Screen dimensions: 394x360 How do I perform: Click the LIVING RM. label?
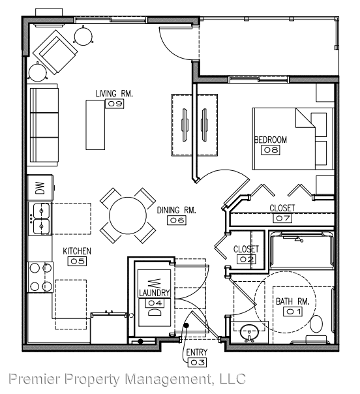[114, 94]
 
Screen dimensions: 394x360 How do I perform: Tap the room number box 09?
[115, 104]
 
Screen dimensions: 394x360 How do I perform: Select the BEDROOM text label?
[271, 140]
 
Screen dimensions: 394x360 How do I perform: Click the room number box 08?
[271, 150]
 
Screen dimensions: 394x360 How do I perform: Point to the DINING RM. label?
[177, 211]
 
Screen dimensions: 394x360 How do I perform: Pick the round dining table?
[128, 215]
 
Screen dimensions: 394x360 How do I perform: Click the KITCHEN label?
[77, 251]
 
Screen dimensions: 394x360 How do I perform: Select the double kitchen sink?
[40, 219]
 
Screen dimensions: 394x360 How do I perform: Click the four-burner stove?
[40, 277]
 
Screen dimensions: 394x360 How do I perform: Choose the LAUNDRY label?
[154, 294]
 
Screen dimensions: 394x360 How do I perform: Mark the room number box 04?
[155, 303]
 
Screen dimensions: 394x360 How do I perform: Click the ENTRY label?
[197, 353]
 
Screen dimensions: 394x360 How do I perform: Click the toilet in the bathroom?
[317, 324]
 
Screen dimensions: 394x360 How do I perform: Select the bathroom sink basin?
[249, 332]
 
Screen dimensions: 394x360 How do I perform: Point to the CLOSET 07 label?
[282, 208]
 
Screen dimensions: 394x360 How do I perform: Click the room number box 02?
[247, 259]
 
